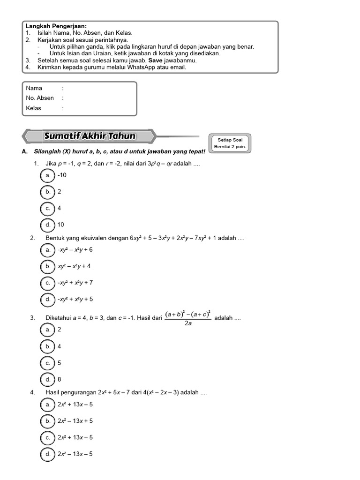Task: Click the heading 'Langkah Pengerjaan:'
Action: coord(56,27)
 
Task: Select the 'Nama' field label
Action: coord(34,88)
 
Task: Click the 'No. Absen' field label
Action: coord(40,98)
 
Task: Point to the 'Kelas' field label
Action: coord(34,108)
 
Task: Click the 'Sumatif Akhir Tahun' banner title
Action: coord(90,136)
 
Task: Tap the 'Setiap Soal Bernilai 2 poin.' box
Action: coord(230,143)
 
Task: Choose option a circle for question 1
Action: coord(48,175)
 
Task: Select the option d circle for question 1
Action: coord(48,225)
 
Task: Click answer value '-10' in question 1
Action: coord(62,175)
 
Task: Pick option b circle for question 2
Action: coord(48,266)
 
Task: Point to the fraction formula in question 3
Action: coord(188,318)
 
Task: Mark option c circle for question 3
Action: coord(48,363)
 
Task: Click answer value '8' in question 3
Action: coord(60,379)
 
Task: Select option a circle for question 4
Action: coord(48,404)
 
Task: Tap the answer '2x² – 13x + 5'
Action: coord(75,421)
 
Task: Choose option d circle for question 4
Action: coord(48,454)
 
